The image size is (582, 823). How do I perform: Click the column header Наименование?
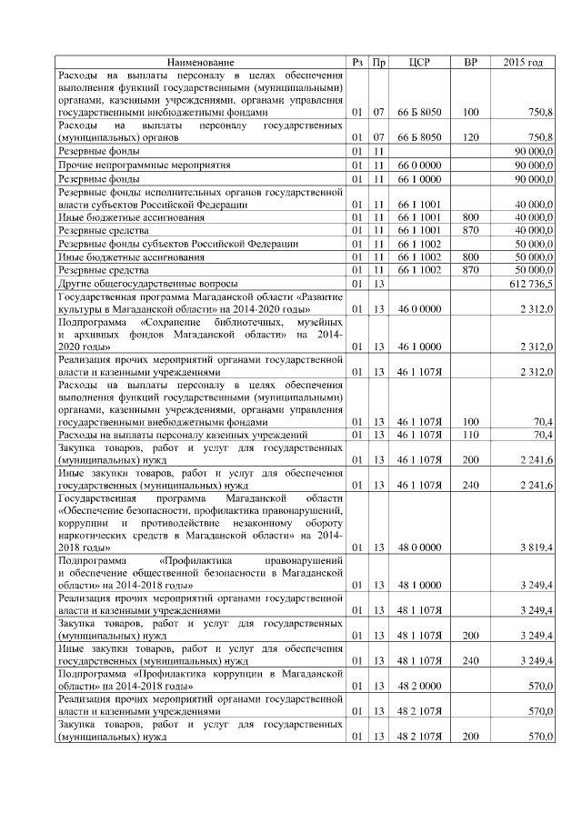(202, 62)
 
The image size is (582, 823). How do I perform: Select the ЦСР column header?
(420, 62)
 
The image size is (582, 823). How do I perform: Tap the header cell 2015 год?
(523, 62)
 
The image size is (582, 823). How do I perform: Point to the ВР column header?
(470, 62)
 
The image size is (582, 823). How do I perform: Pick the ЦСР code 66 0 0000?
(420, 166)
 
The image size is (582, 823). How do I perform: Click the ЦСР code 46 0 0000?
(420, 310)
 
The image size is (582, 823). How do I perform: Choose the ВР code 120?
(470, 136)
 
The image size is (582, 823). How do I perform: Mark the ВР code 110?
(470, 435)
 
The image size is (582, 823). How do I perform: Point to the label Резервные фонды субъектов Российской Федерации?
(178, 244)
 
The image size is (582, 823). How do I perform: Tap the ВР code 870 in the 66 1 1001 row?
(470, 231)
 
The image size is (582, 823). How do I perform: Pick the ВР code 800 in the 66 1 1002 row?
(470, 257)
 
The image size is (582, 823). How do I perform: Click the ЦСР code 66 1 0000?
(420, 179)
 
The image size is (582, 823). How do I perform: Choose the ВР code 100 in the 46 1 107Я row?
(470, 421)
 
